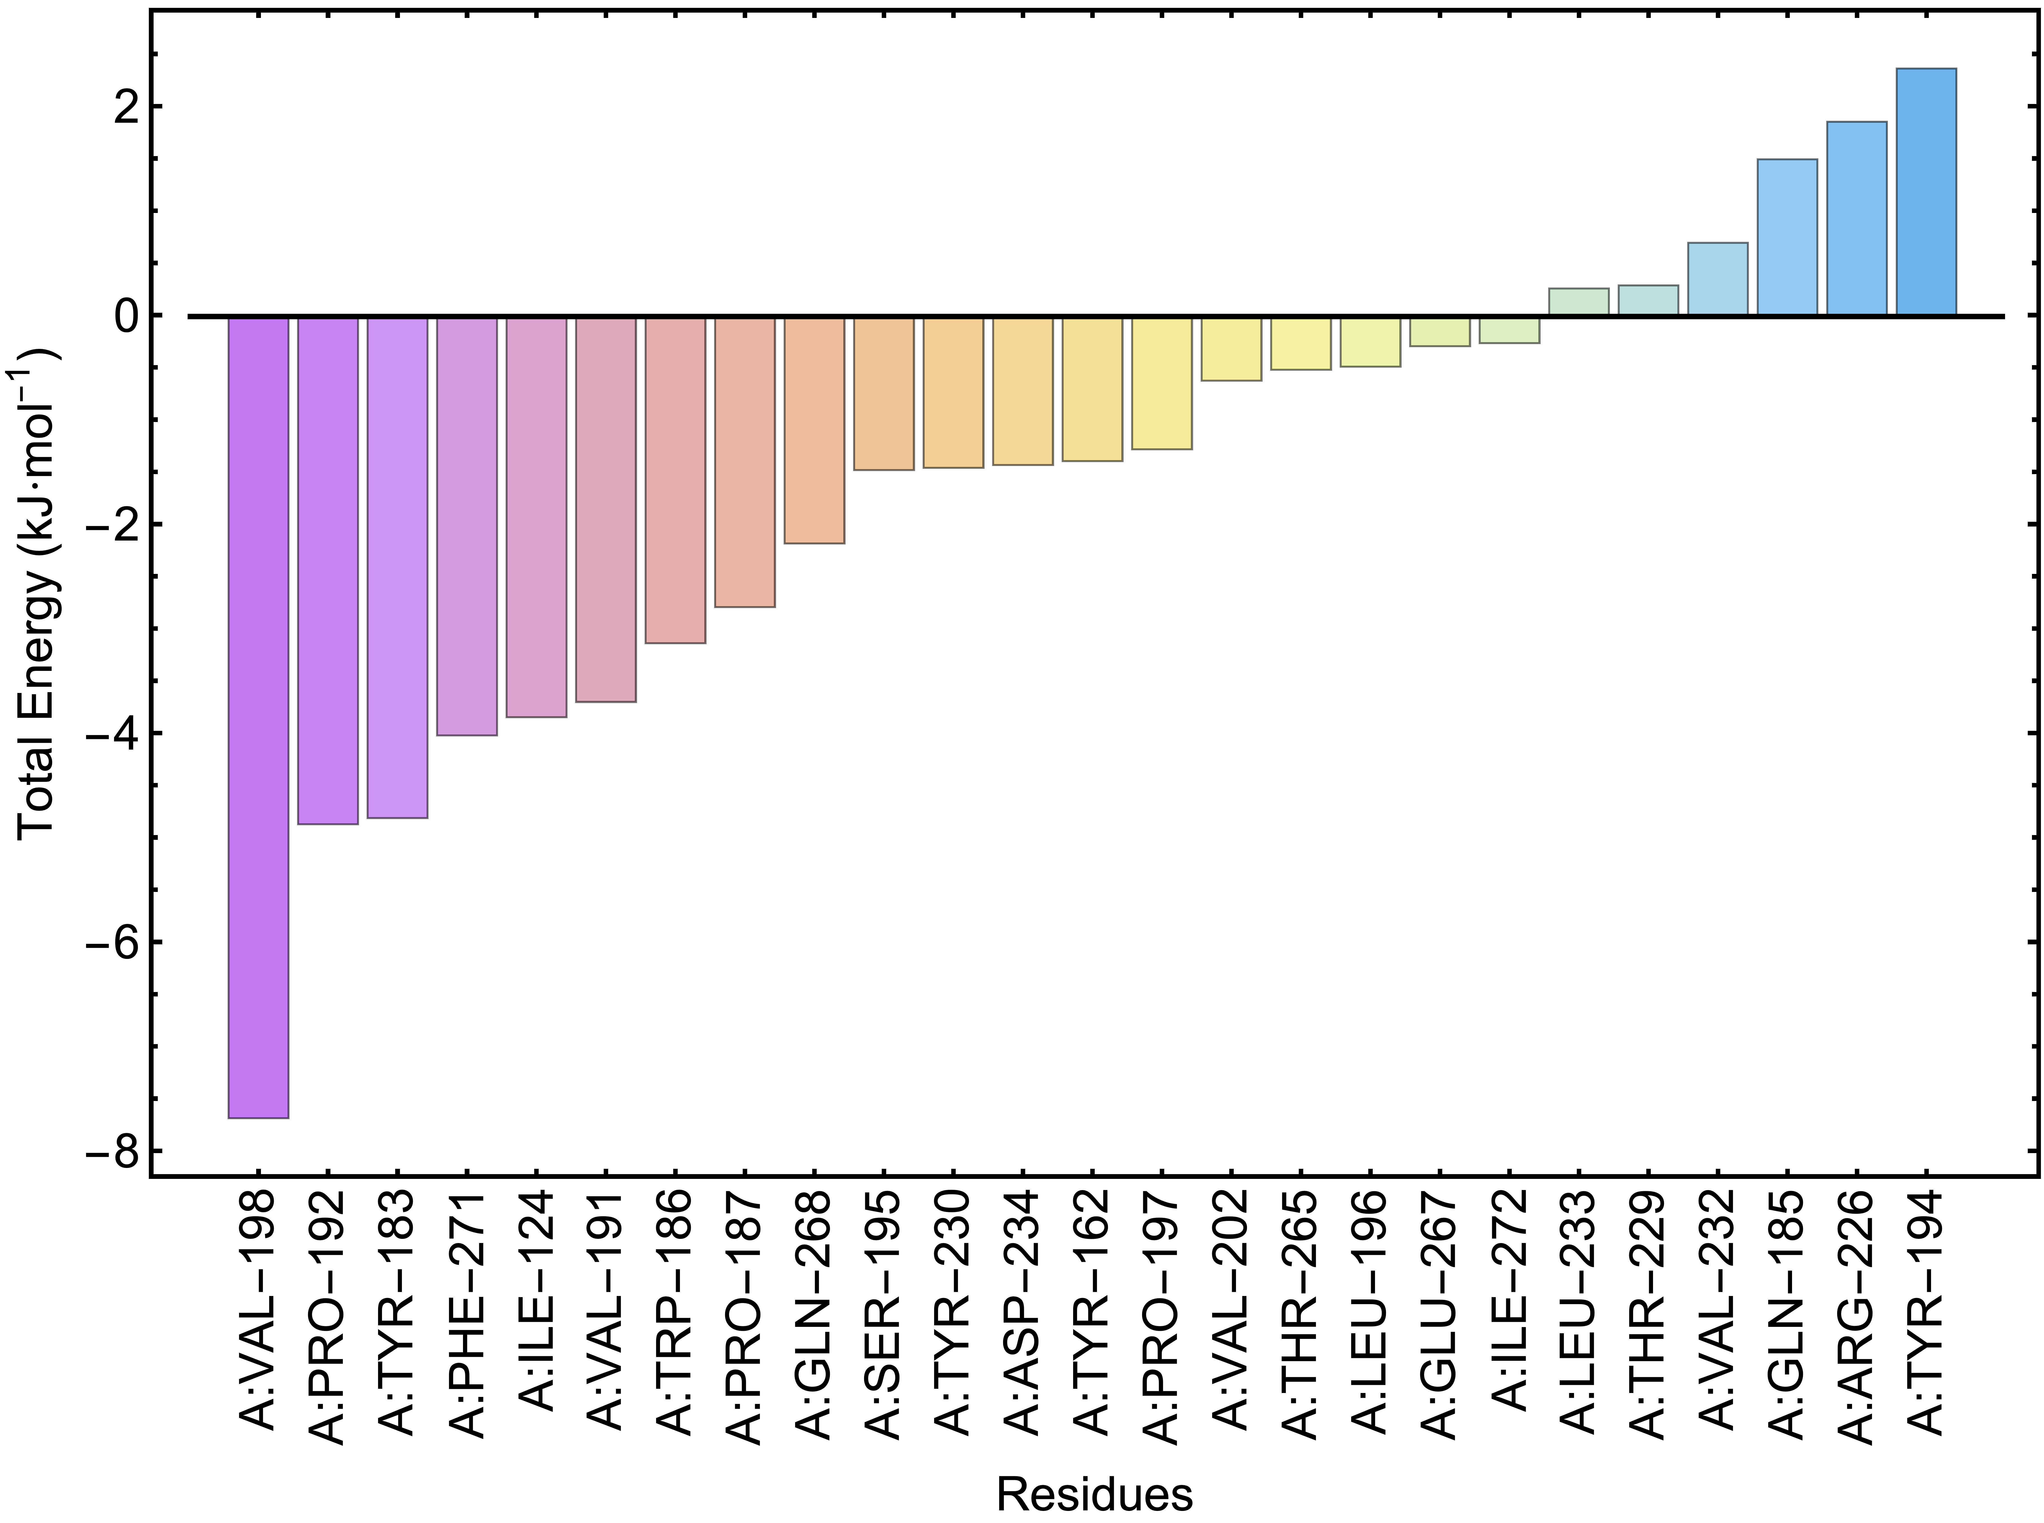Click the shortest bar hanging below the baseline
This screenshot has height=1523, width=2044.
(x=1509, y=331)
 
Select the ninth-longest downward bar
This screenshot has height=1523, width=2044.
(x=814, y=430)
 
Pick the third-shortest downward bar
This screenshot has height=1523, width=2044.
(x=1370, y=342)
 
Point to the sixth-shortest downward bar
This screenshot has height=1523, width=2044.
(x=1162, y=384)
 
